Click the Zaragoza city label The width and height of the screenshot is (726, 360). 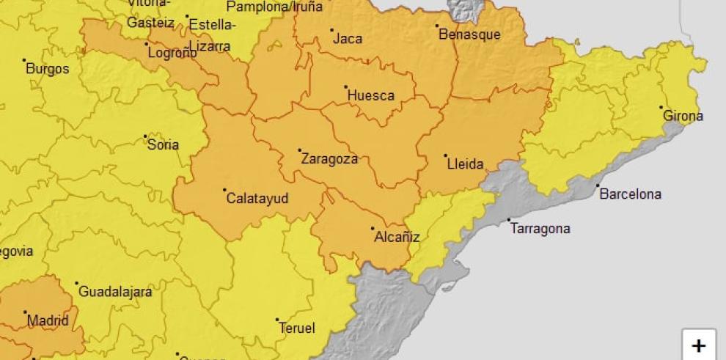tap(329, 159)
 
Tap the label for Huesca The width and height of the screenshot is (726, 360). tap(370, 95)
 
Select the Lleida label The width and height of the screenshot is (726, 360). tap(466, 164)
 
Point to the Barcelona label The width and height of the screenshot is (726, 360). tap(630, 194)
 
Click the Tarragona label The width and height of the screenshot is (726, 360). tap(540, 229)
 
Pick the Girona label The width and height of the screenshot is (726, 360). tap(683, 116)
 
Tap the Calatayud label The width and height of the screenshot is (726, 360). tap(257, 199)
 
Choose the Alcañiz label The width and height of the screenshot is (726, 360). tap(397, 237)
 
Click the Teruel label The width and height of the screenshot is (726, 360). tap(296, 328)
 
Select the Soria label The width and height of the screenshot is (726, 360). tap(163, 145)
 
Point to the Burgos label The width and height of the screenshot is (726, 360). tap(48, 69)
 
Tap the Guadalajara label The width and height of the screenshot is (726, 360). tap(115, 292)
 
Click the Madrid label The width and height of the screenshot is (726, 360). tap(48, 320)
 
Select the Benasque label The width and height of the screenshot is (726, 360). tap(469, 34)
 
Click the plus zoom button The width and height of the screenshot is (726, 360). tap(699, 345)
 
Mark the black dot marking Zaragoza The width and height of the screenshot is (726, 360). tap(300, 150)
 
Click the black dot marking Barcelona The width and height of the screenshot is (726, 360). tap(598, 185)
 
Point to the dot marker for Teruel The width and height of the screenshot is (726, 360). tap(277, 320)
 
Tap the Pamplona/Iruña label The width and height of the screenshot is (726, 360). tap(274, 7)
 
